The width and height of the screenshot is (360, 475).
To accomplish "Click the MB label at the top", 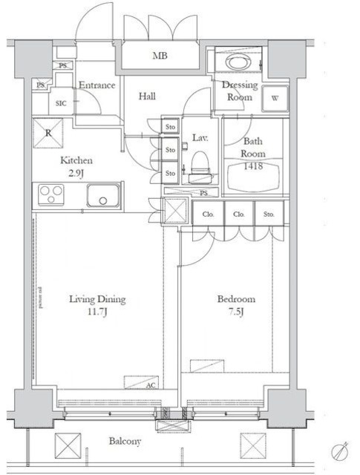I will [x=160, y=56].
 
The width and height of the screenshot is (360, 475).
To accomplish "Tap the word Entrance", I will [x=96, y=85].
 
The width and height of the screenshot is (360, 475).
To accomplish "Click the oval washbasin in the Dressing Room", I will [x=239, y=62].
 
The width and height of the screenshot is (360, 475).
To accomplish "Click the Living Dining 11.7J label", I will [x=98, y=305].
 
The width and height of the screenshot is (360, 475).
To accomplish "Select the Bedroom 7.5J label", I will [x=235, y=305].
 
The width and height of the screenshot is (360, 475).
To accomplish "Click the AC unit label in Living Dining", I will [x=151, y=385].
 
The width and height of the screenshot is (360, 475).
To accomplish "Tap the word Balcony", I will [x=125, y=441].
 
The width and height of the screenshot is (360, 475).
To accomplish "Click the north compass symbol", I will [x=341, y=450].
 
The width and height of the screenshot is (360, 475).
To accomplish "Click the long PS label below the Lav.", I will [x=203, y=192].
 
